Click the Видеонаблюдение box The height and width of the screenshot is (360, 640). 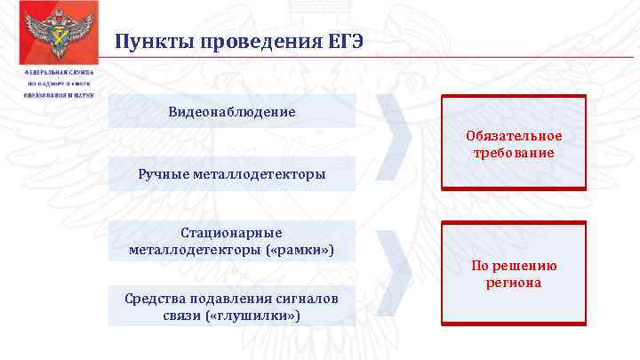click(x=232, y=112)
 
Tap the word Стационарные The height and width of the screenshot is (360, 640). click(x=231, y=233)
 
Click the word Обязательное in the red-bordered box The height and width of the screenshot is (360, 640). click(x=514, y=136)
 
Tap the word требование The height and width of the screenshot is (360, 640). click(x=514, y=152)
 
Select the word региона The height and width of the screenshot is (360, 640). click(x=514, y=283)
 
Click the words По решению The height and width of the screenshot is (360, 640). click(x=514, y=266)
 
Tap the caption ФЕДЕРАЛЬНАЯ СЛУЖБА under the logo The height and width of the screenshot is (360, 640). click(x=60, y=72)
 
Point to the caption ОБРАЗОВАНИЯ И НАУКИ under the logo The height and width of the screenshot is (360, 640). click(x=60, y=94)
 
